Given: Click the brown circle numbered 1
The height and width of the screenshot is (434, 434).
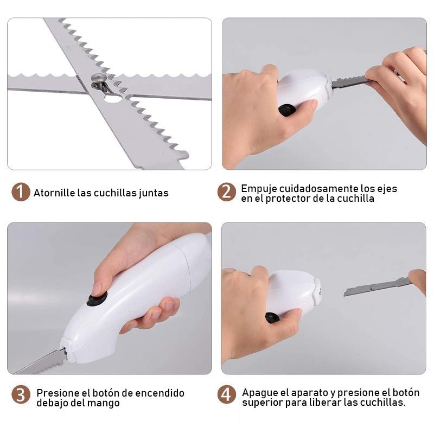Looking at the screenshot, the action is coord(21,192).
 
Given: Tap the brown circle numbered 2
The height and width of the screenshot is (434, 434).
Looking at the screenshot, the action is coord(226,192).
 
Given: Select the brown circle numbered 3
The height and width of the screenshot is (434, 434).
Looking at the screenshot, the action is coord(21,394).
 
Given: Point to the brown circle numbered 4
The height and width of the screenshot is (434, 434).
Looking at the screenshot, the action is coord(226,394).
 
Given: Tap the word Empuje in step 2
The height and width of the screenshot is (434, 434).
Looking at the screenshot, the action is coord(259,189).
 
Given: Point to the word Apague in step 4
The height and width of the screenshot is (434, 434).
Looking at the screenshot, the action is coord(260,393).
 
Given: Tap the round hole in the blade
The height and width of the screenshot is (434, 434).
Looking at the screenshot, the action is coord(112,98).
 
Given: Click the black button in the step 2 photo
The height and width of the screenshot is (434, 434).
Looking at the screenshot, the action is coord(288,110).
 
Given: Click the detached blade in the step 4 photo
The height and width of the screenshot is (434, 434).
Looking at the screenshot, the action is coord(378,288).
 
